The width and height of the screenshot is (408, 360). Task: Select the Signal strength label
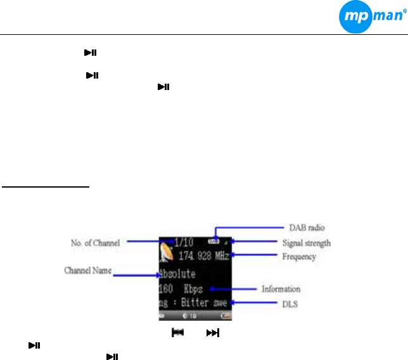(305, 243)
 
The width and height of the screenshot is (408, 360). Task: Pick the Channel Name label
(88, 271)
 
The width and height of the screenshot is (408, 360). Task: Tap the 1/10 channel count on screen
(185, 242)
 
